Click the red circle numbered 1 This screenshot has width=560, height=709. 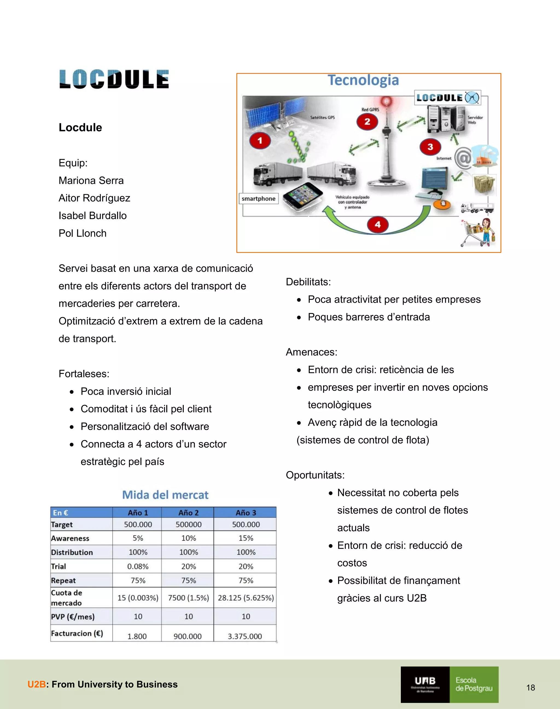(x=260, y=141)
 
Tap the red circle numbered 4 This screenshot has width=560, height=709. (x=378, y=225)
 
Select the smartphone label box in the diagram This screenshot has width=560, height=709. (x=258, y=199)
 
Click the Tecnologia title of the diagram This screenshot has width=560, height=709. (x=363, y=80)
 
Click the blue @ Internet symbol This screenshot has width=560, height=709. (x=463, y=158)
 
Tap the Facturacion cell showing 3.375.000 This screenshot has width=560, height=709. (x=245, y=636)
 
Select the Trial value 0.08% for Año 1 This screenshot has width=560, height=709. (x=138, y=566)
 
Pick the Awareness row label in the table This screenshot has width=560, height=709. (x=70, y=538)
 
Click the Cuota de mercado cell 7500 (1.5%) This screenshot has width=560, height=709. (x=188, y=598)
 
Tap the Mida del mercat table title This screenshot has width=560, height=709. (x=165, y=495)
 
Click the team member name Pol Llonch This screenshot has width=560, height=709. (x=83, y=233)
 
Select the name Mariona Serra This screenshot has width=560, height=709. (x=91, y=181)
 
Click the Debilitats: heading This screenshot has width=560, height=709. (x=308, y=282)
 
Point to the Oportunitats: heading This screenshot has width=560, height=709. (x=315, y=475)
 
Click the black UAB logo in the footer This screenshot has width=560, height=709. (x=425, y=684)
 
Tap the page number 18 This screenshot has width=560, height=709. (x=530, y=688)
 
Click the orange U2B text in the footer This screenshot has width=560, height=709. (x=36, y=684)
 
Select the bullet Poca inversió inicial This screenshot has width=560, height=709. (x=126, y=392)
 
